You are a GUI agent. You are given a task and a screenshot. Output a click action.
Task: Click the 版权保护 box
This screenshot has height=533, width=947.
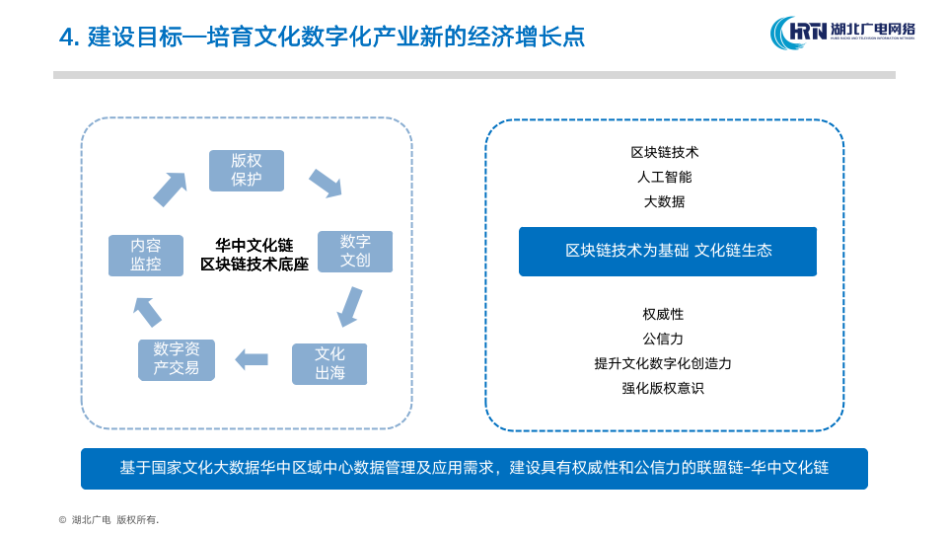click(247, 171)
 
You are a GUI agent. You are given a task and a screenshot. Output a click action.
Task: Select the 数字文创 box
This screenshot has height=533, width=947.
click(355, 252)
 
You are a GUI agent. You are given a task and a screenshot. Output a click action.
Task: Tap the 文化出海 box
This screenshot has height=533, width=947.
click(329, 364)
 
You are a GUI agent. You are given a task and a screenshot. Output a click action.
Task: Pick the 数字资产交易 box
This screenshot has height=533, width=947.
click(177, 359)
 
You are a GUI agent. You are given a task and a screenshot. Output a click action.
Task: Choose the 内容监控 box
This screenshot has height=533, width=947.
click(146, 256)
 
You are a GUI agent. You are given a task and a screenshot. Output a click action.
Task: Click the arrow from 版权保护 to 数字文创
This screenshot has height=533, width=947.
click(325, 182)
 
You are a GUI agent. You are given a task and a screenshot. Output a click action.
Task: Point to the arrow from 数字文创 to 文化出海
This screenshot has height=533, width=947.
click(349, 306)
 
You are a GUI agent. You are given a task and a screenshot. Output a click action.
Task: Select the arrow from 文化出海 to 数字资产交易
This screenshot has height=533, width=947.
click(252, 359)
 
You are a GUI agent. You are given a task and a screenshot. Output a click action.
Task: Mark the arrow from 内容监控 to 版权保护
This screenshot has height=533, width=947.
click(170, 189)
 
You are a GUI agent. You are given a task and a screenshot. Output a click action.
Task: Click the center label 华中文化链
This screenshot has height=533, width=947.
click(255, 245)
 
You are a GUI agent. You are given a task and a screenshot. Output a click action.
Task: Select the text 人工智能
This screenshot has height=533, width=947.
click(665, 178)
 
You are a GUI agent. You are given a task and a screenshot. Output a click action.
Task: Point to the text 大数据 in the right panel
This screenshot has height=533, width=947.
click(665, 201)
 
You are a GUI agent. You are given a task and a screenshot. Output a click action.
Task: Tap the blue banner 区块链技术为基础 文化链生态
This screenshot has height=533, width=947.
click(668, 252)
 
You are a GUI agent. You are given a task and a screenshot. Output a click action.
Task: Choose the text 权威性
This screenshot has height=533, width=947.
click(663, 314)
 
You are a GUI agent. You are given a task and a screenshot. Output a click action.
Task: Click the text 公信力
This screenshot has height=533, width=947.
click(663, 339)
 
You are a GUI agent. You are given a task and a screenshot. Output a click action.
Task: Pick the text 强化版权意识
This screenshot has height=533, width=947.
click(663, 388)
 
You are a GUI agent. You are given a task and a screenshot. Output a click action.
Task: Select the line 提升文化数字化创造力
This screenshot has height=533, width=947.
click(663, 363)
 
